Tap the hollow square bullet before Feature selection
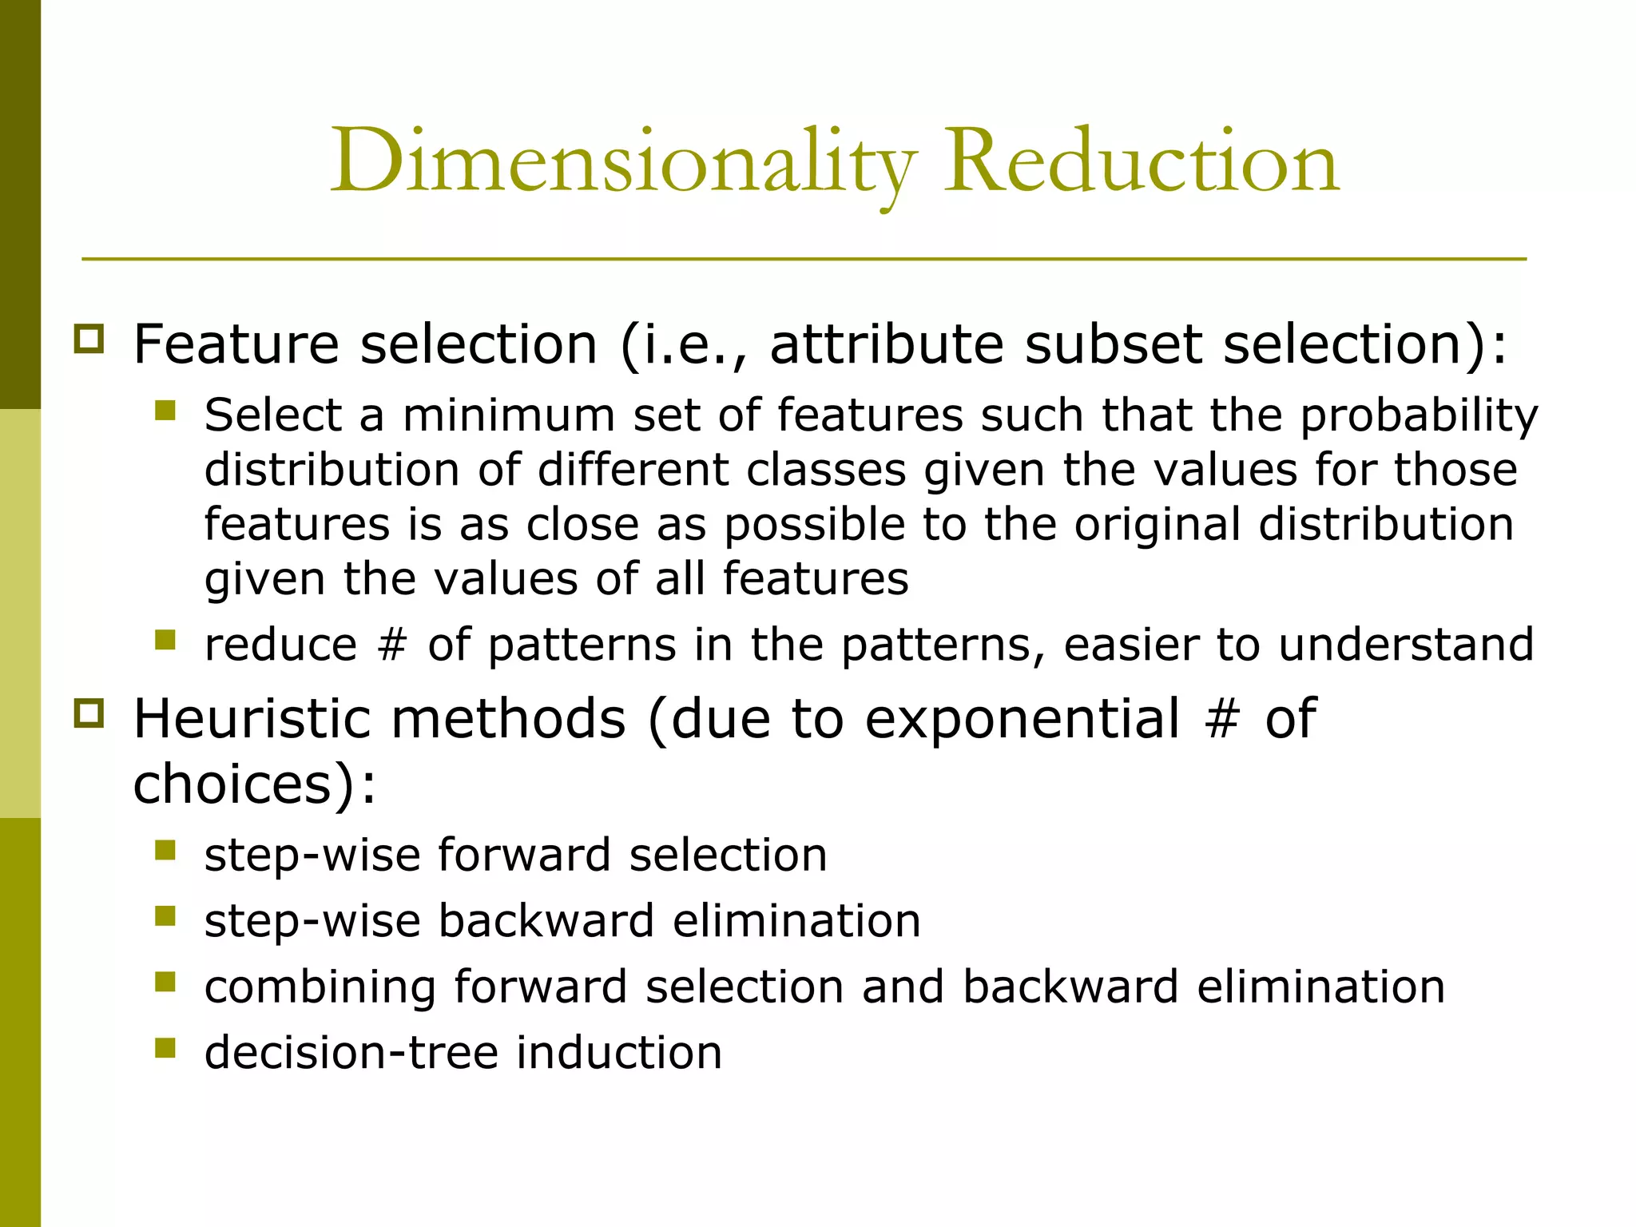point(89,339)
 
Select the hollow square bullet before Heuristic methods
point(89,713)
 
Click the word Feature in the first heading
point(236,344)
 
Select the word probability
point(1419,417)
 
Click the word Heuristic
point(260,718)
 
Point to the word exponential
point(1022,720)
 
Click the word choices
point(232,784)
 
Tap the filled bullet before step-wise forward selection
point(165,850)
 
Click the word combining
point(320,987)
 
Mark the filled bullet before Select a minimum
point(165,411)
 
